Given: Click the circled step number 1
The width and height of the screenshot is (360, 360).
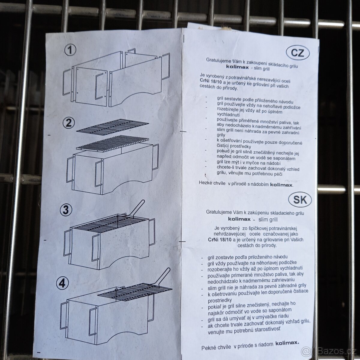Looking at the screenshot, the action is pyautogui.click(x=70, y=50).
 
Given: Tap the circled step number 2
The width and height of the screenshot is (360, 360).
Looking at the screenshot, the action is pyautogui.click(x=69, y=123).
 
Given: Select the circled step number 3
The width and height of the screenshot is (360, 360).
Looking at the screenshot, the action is pyautogui.click(x=66, y=210).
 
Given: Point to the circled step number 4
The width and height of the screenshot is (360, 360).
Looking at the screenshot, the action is pyautogui.click(x=62, y=283).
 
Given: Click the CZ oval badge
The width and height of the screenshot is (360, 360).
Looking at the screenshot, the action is pyautogui.click(x=298, y=53).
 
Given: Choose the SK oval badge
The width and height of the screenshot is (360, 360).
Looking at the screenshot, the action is pyautogui.click(x=300, y=199).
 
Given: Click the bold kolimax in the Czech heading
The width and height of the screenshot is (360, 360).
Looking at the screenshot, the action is pyautogui.click(x=237, y=67).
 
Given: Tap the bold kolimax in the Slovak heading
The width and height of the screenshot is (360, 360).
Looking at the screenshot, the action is pyautogui.click(x=239, y=219).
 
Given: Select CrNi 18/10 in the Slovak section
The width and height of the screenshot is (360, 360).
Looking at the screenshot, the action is pyautogui.click(x=220, y=239).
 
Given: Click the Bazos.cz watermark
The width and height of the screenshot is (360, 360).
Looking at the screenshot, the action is pyautogui.click(x=330, y=351).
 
